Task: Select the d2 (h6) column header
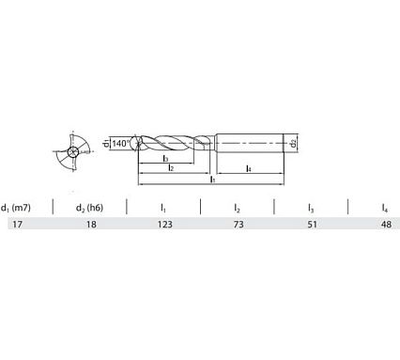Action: click(89, 207)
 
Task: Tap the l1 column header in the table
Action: click(162, 207)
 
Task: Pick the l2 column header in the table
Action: click(238, 207)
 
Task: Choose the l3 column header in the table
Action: click(311, 207)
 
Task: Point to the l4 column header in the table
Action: click(385, 207)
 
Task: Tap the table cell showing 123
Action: click(162, 224)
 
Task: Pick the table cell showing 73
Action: click(238, 224)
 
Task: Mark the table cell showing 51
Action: click(311, 224)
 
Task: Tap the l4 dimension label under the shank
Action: click(246, 168)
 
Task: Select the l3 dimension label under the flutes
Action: click(165, 159)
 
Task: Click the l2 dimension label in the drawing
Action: click(171, 168)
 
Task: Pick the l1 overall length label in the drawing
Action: click(212, 178)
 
